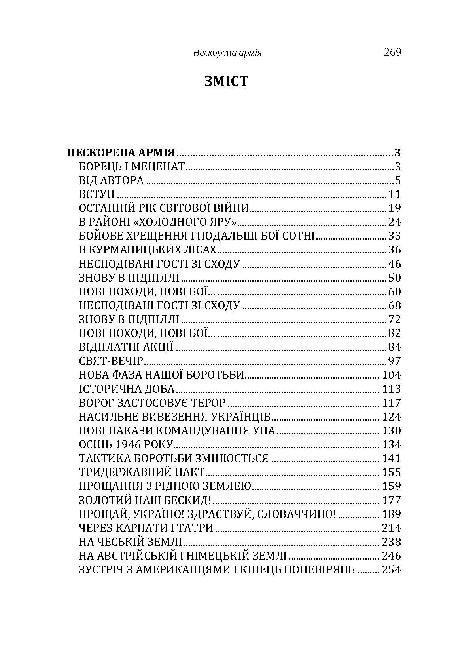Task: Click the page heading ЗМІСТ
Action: pos(227,81)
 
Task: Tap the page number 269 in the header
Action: pos(392,52)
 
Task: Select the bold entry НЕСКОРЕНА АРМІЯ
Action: pos(121,153)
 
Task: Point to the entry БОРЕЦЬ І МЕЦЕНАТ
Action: pos(132,167)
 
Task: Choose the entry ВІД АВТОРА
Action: pos(111,181)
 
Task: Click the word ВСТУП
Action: pos(97,194)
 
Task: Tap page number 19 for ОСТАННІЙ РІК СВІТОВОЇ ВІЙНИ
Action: pos(395,208)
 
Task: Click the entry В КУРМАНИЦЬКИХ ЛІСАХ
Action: pos(148,250)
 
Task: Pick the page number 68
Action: pos(395,306)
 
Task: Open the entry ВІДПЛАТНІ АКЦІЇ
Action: pos(126,347)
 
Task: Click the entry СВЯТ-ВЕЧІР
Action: pos(110,361)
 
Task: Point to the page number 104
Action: pos(392,375)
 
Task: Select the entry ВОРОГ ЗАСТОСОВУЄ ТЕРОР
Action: pos(152,403)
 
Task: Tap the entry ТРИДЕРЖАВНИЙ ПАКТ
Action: pos(142,472)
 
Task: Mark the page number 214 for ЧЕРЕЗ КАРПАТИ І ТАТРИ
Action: pos(392,528)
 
